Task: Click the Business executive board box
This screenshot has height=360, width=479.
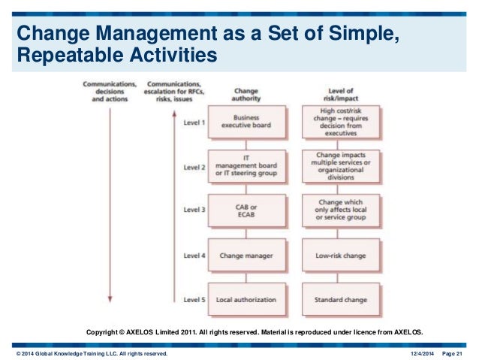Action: [x=246, y=121]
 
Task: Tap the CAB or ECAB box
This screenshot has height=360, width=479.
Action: [x=246, y=210]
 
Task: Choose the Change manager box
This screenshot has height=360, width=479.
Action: [x=246, y=256]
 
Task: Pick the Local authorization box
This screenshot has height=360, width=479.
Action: [x=246, y=299]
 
